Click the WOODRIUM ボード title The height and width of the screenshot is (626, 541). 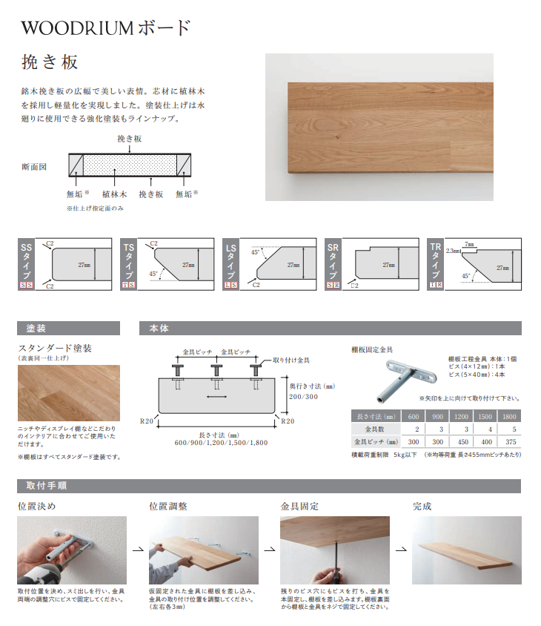click(106, 28)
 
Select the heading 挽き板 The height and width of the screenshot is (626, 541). click(50, 62)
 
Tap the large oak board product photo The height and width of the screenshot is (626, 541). click(379, 127)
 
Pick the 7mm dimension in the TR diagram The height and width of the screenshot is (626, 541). click(469, 243)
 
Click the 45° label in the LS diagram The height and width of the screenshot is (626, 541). click(256, 252)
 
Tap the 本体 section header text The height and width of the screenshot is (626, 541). click(159, 328)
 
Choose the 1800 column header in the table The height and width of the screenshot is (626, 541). click(508, 417)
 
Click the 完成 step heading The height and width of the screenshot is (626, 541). click(422, 507)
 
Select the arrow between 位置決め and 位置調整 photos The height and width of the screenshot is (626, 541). click(137, 550)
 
